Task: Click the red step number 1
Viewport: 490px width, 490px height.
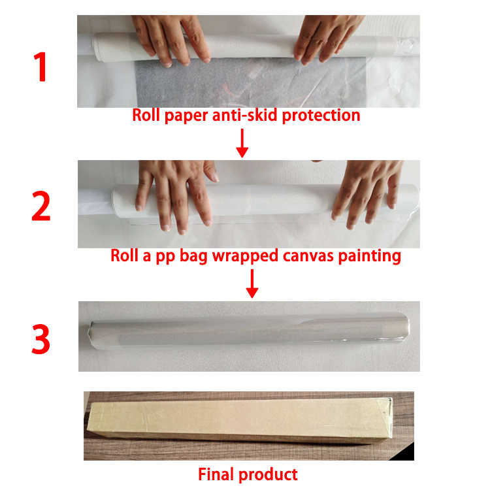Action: point(41,67)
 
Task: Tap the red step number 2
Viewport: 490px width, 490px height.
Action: point(41,206)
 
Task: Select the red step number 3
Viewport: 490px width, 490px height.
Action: point(41,339)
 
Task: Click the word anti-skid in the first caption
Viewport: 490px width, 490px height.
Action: point(245,115)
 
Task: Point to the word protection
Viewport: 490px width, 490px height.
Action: point(321,116)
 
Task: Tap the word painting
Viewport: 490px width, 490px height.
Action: point(369,256)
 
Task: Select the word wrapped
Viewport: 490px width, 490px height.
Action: point(245,256)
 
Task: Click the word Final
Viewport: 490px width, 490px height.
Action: point(216,474)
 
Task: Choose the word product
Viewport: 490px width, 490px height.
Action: point(268,475)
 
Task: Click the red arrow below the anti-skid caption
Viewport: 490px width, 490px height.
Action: point(242,143)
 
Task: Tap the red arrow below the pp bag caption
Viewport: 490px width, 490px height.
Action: point(252,284)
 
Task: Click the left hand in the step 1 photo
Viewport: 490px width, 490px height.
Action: point(171,39)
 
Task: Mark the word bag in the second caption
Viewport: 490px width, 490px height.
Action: point(193,256)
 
